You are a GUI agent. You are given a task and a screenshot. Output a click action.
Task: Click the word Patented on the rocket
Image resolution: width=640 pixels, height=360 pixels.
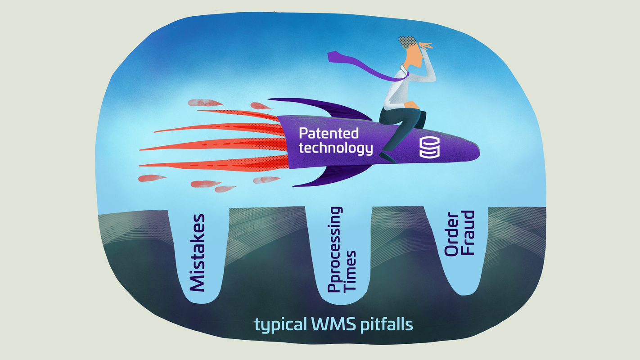[329, 133]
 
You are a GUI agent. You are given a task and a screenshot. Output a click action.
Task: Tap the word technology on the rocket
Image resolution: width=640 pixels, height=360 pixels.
[336, 148]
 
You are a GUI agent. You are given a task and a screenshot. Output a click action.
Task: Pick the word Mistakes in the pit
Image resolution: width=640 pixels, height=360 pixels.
[197, 253]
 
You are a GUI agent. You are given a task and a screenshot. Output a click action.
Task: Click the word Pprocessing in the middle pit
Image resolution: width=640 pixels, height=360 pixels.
[334, 250]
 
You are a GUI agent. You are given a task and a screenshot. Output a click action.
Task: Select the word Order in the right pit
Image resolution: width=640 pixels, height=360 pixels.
[451, 233]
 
